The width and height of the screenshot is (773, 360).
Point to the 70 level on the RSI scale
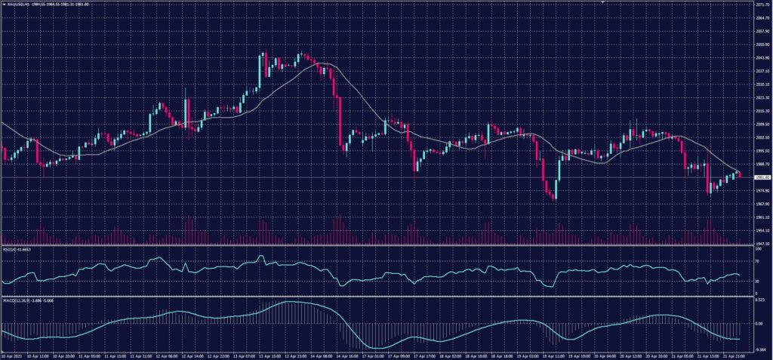tap(757, 260)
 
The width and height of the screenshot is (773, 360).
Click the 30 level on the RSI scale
tap(757, 282)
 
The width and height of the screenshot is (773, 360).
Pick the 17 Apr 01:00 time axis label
tap(374, 355)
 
